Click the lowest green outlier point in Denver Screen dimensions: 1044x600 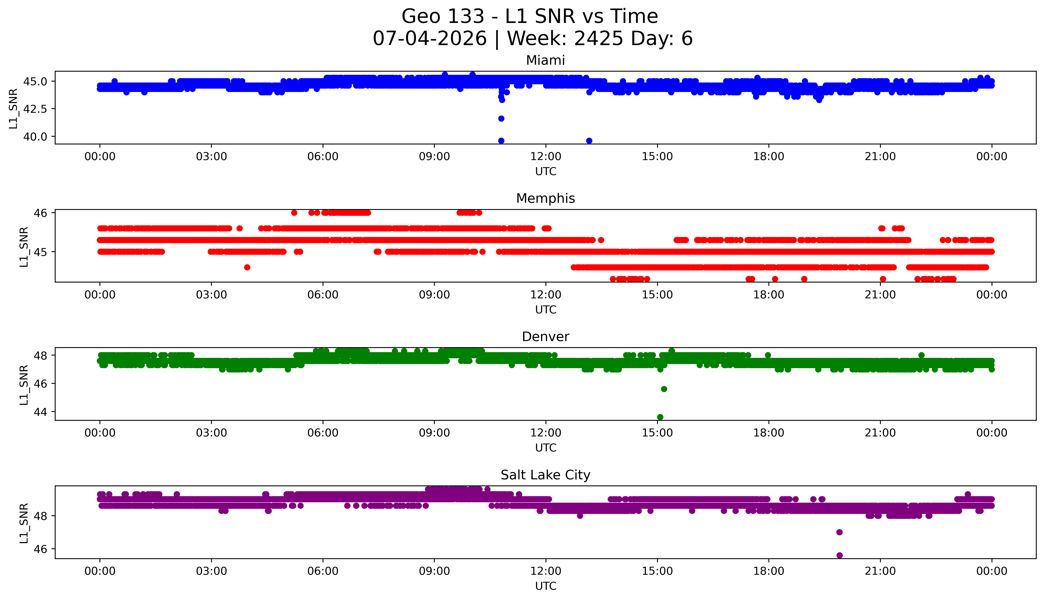coord(660,417)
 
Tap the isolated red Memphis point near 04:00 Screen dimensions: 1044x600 coord(247,267)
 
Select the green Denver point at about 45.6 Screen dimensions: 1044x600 coord(664,389)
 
